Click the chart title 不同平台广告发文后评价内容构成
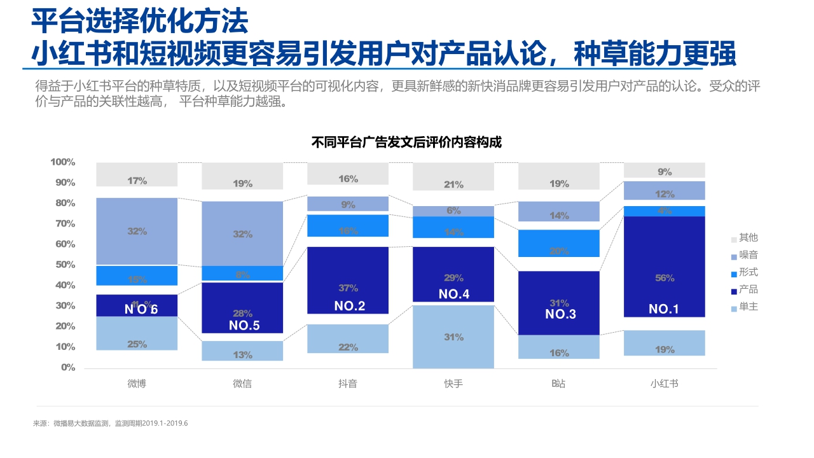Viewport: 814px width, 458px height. pos(406,142)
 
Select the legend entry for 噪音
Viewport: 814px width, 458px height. pos(748,255)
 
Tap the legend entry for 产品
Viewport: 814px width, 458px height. pos(748,289)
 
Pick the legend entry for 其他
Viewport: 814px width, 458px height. pos(748,238)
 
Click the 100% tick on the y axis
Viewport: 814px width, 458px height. pos(63,162)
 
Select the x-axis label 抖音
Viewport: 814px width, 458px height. pos(347,384)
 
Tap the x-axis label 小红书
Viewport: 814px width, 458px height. pos(664,384)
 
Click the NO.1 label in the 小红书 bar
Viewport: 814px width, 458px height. pos(664,309)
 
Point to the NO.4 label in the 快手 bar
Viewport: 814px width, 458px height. pos(453,294)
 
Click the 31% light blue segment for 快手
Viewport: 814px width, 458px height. pos(453,337)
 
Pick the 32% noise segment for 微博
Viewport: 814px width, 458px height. pos(137,231)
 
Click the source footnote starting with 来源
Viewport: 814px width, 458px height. pos(111,423)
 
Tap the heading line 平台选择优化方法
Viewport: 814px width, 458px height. pos(140,22)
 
